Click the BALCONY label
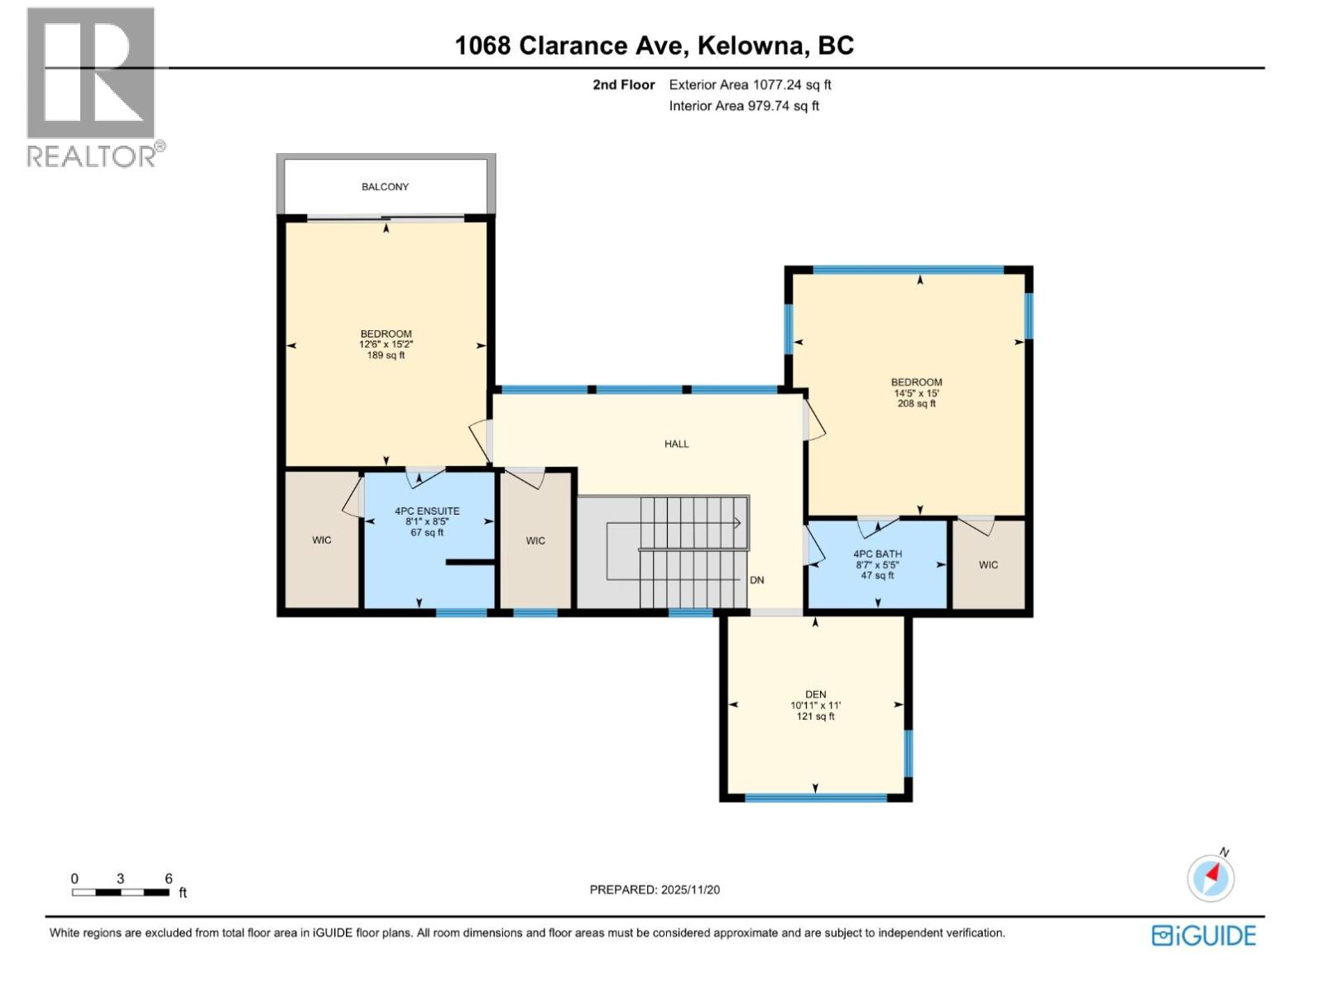coord(385,187)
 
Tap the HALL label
coord(676,444)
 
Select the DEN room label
coord(815,695)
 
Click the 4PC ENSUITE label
coord(427,511)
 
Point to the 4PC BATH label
coord(877,554)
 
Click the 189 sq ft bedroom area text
coord(386,356)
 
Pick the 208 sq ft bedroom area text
coord(916,404)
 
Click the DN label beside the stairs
coord(756,580)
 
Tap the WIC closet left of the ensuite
coord(322,540)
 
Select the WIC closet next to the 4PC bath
coord(988,565)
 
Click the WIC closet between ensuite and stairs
coord(535,541)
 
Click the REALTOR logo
coord(93,87)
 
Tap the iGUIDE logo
coord(1203,936)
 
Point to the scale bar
coord(121,892)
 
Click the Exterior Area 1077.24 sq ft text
coord(750,84)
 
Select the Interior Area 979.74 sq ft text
coord(744,106)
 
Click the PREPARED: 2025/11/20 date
coord(655,890)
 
